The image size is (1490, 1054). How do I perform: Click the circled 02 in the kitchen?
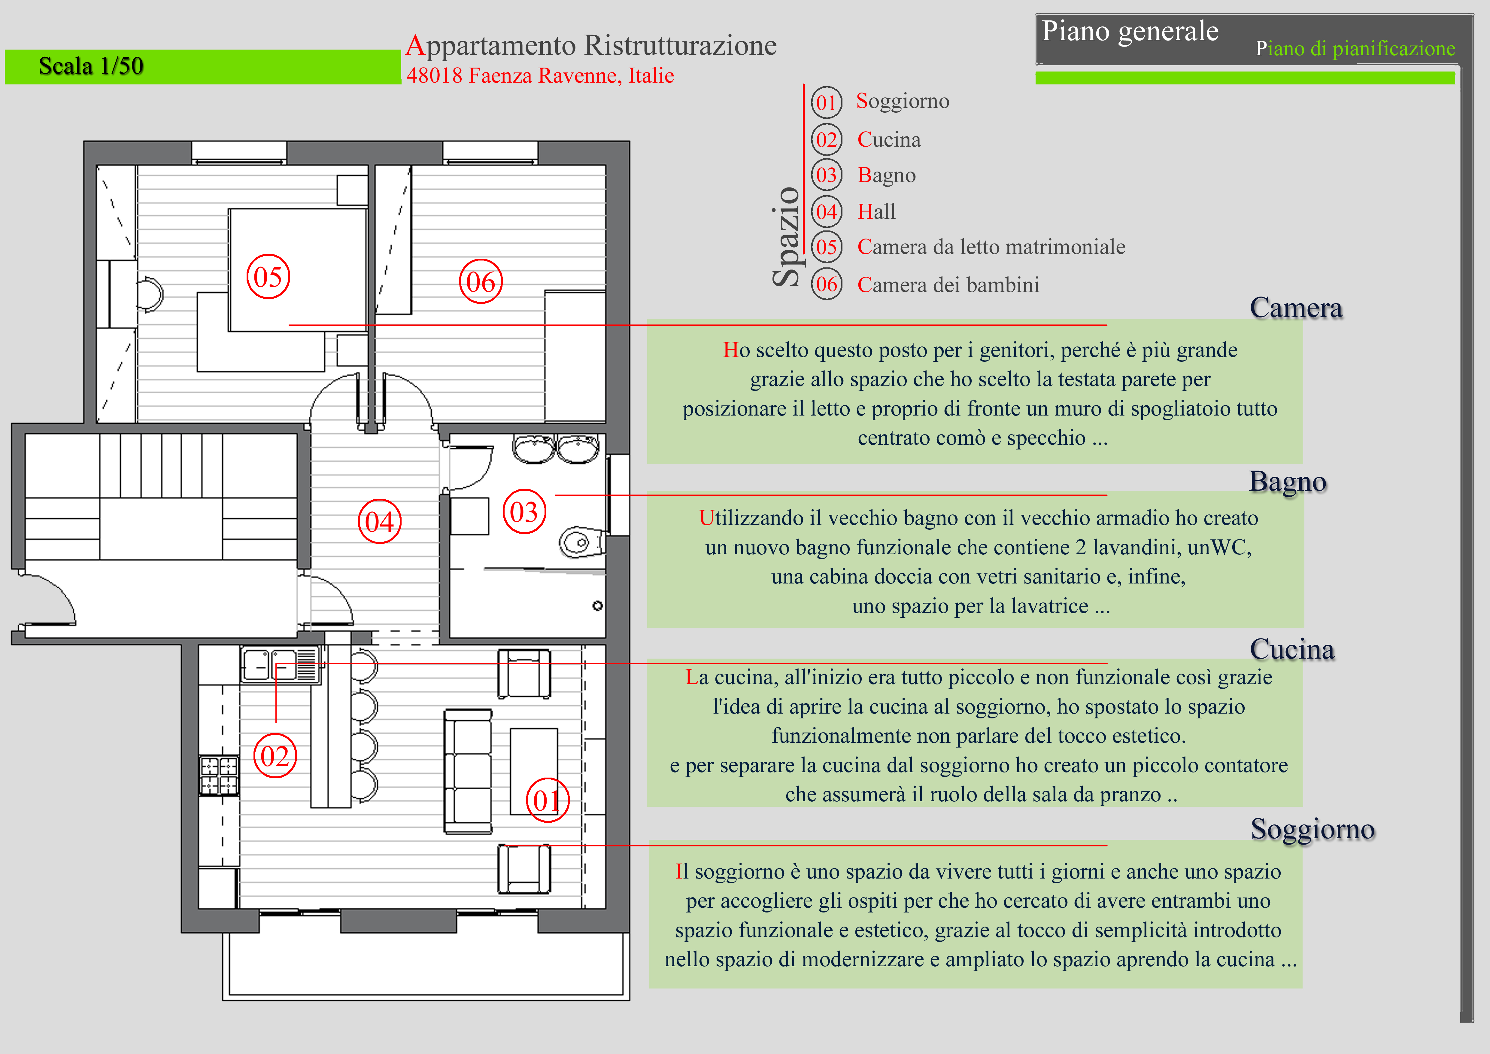(x=275, y=756)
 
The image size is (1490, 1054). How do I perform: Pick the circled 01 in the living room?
(x=547, y=800)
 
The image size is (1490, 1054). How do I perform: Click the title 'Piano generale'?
(x=1130, y=31)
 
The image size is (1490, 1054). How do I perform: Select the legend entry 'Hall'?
(x=876, y=212)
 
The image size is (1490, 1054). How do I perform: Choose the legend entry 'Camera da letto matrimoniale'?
(x=991, y=247)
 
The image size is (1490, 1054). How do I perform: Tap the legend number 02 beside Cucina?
(x=826, y=139)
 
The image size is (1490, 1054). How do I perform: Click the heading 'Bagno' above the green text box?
(x=1288, y=482)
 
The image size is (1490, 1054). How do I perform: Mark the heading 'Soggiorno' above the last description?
(x=1312, y=829)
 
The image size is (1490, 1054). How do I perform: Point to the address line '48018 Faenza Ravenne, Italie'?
(x=540, y=76)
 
